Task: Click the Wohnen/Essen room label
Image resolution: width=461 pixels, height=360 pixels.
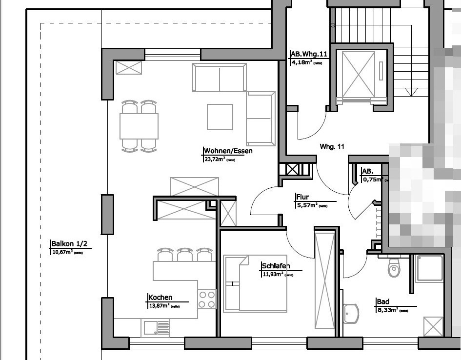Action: click(x=228, y=151)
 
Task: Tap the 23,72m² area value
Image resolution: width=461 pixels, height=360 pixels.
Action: click(x=214, y=159)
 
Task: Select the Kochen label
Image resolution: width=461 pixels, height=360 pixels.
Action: click(x=160, y=298)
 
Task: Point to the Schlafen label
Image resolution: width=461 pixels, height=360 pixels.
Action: click(x=276, y=266)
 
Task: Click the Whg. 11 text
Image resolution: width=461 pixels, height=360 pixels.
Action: click(x=332, y=146)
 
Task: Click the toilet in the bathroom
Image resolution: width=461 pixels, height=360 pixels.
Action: click(x=394, y=267)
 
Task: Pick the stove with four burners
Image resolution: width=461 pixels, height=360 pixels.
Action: click(x=207, y=299)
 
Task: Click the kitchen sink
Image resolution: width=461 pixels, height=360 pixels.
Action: click(x=155, y=327)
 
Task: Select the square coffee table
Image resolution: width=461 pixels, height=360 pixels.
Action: click(x=220, y=117)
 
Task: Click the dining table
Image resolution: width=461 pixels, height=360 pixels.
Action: click(x=139, y=126)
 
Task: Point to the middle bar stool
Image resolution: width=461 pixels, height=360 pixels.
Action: click(x=185, y=255)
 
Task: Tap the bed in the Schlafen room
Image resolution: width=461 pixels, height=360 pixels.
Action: click(x=255, y=283)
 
